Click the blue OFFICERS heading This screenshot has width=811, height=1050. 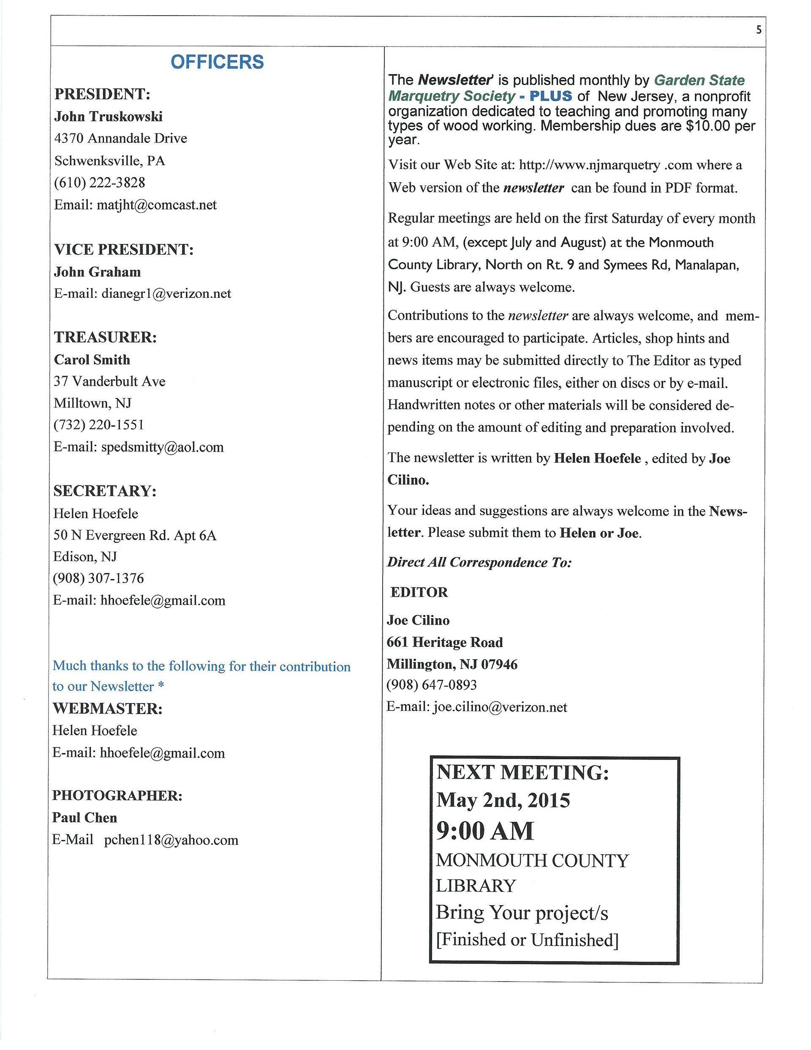tap(217, 62)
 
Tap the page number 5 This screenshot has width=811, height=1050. tap(759, 30)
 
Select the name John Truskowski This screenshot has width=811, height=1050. tap(108, 116)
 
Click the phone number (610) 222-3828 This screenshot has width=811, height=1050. tap(100, 183)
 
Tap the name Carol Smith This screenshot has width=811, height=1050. tap(92, 360)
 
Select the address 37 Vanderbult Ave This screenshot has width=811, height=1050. tap(109, 381)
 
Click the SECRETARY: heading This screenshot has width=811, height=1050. tap(105, 491)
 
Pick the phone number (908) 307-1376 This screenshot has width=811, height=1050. tap(98, 578)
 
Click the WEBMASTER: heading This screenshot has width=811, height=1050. tap(107, 708)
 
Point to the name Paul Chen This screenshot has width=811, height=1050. tap(84, 817)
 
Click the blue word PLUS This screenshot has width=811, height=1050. tap(550, 95)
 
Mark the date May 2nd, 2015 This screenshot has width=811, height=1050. tap(503, 800)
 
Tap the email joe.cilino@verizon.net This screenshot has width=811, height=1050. tap(500, 707)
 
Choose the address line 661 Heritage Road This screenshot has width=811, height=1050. tap(445, 642)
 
